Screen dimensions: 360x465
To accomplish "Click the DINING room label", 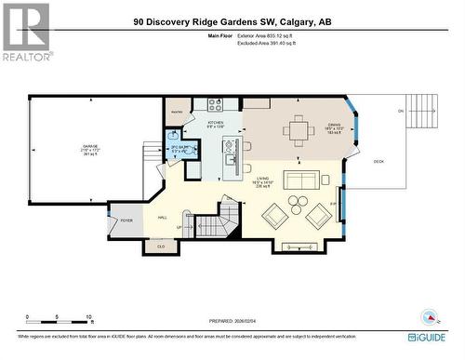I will tap(334, 127).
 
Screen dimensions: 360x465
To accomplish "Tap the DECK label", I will tap(379, 161).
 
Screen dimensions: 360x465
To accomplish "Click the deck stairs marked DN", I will tap(422, 115).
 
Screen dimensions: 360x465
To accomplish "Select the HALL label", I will tap(162, 217).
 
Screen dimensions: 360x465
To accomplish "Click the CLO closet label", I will tap(161, 246).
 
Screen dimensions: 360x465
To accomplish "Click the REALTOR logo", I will tap(25, 32).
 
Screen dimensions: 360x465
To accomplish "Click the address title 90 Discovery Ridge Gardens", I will tap(232, 21).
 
